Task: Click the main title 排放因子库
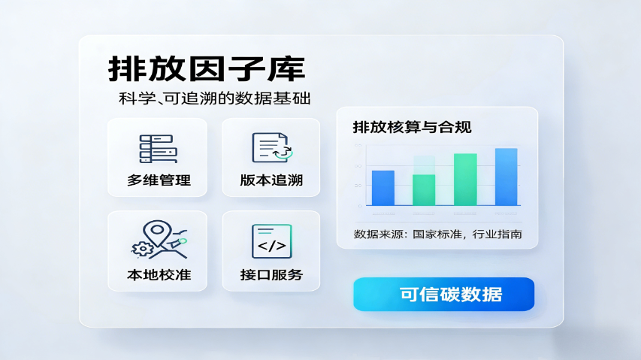point(207,69)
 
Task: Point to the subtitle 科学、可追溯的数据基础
point(215,99)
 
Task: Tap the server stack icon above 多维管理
point(158,149)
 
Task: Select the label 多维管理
point(159,180)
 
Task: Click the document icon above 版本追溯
point(271,147)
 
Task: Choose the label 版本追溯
point(271,180)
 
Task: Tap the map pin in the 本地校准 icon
point(158,234)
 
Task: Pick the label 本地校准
point(159,274)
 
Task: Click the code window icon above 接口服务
point(271,241)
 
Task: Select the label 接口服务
point(271,274)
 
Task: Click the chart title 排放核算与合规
point(412,127)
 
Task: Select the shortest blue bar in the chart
point(383,188)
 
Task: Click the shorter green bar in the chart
point(424,190)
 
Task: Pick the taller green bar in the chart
point(465,180)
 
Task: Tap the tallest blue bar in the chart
point(506,177)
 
